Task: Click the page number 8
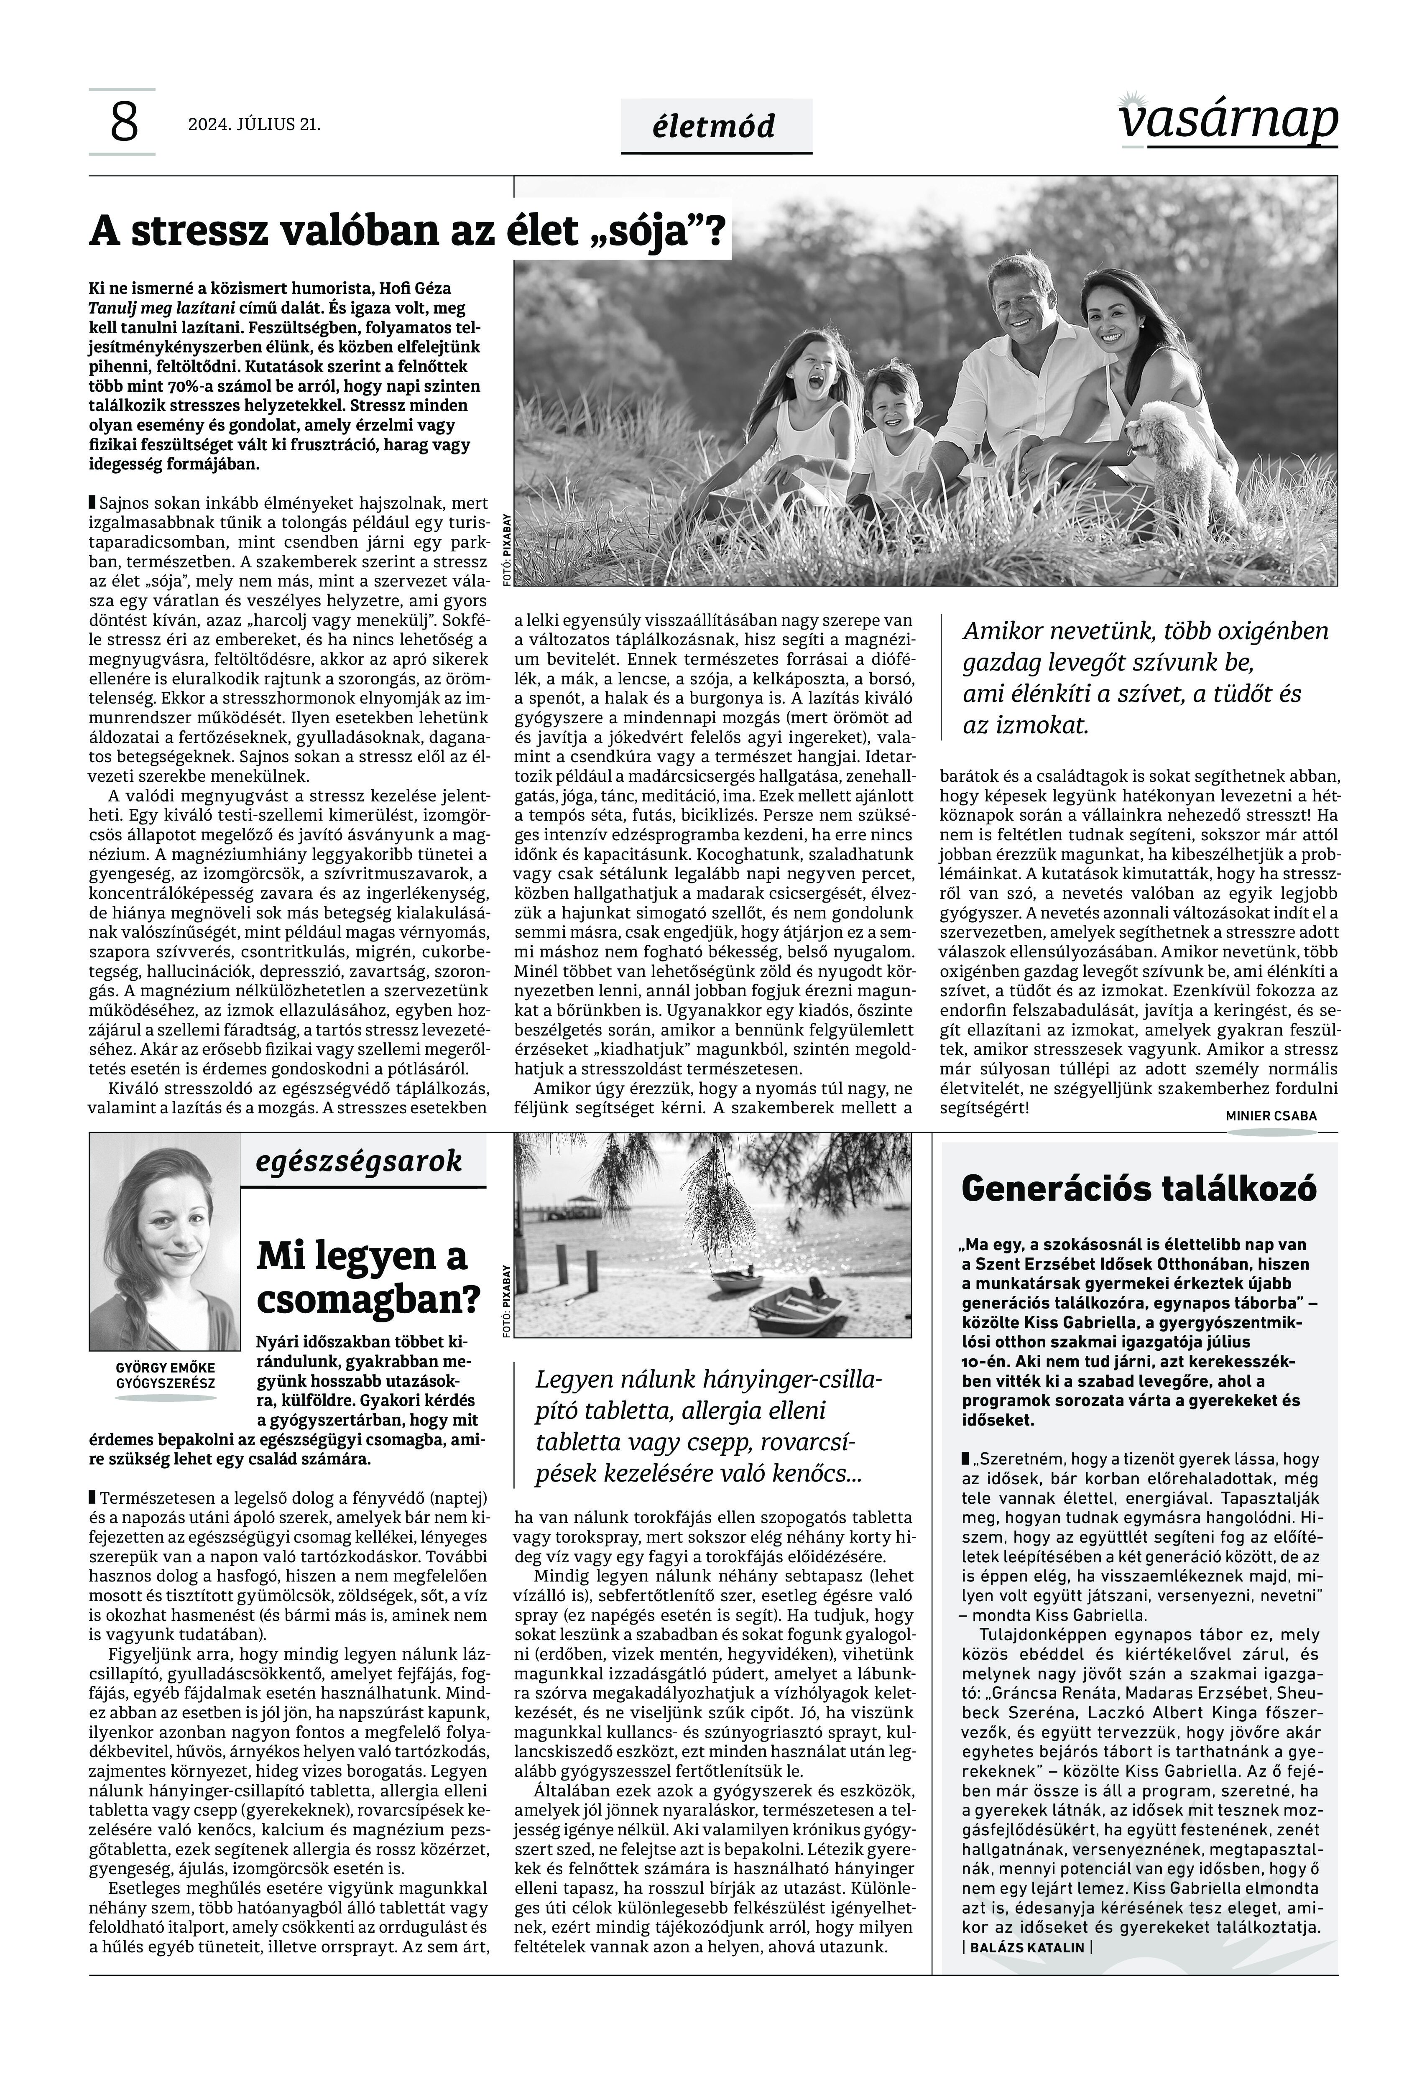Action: pyautogui.click(x=123, y=122)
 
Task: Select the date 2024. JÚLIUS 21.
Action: pyautogui.click(x=254, y=124)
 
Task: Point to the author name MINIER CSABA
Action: pyautogui.click(x=1271, y=1116)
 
